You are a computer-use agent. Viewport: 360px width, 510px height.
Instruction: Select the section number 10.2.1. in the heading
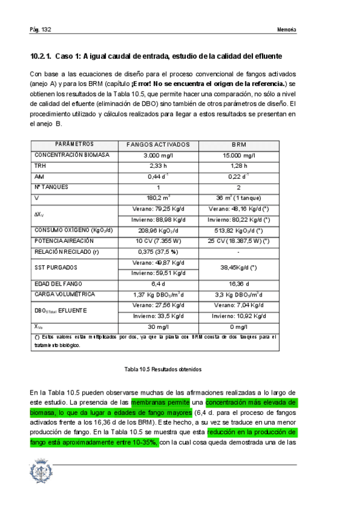pos(40,57)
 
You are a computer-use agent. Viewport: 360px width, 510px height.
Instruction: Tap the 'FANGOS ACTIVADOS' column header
pos(158,145)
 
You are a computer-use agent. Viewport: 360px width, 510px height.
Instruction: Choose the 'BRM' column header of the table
pos(239,145)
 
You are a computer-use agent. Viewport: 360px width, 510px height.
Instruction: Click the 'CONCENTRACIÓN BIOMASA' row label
pos(72,155)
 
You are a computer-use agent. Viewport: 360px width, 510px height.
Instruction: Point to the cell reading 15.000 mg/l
pos(239,155)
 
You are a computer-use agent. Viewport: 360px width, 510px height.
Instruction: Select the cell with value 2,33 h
pos(158,165)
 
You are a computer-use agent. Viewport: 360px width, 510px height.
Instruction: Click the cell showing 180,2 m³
pos(158,197)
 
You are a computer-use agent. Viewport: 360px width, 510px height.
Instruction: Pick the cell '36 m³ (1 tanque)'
pos(239,197)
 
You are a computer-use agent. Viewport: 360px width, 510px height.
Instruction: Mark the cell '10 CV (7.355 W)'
pos(158,241)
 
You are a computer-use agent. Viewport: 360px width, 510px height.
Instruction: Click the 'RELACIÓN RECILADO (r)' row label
pos(67,251)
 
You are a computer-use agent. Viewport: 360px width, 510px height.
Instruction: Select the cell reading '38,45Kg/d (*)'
pos(239,267)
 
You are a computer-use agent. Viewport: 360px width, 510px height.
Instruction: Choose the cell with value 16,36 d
pos(239,283)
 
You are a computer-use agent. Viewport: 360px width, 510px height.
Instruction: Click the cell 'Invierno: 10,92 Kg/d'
pos(239,316)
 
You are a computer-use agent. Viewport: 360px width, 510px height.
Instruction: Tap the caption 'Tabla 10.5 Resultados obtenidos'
pos(162,369)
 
